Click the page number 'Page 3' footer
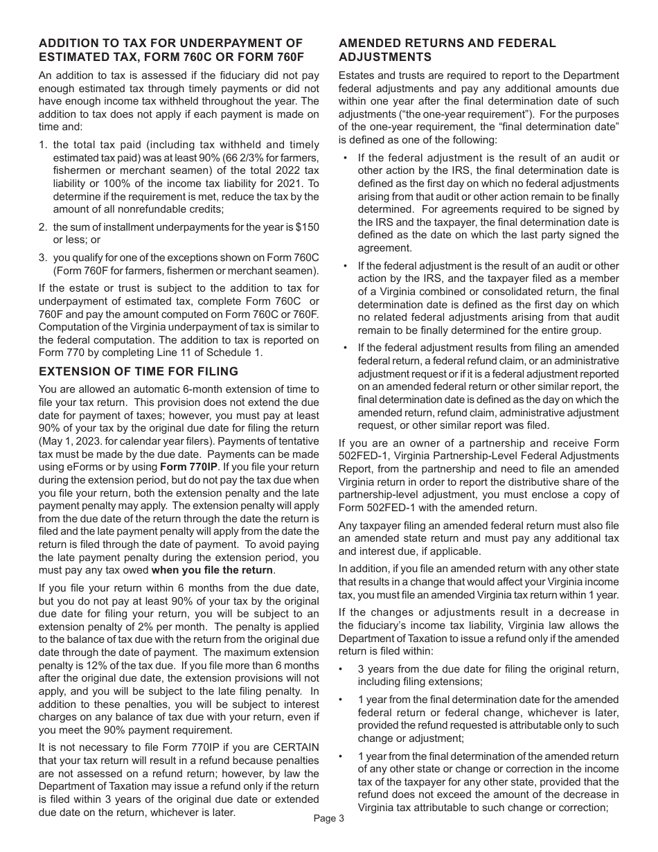point(328,818)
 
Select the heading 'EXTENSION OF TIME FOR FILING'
point(139,371)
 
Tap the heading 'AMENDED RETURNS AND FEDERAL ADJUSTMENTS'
point(447,50)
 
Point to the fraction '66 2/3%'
point(240,157)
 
